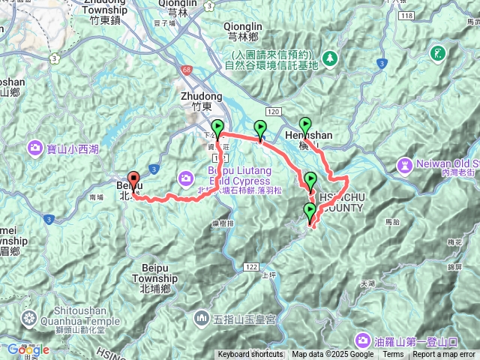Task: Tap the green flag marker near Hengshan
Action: [x=305, y=125]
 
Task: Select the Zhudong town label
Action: [x=202, y=97]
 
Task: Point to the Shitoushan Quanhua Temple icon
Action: [x=29, y=316]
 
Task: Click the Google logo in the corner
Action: [x=28, y=349]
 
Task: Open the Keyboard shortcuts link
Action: [x=251, y=355]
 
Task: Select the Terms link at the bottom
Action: [x=393, y=355]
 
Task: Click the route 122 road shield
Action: [x=250, y=267]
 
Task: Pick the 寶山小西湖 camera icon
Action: [x=35, y=148]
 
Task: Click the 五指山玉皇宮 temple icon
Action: [x=201, y=319]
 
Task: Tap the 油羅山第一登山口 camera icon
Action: [x=362, y=339]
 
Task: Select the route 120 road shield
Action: [x=273, y=111]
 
